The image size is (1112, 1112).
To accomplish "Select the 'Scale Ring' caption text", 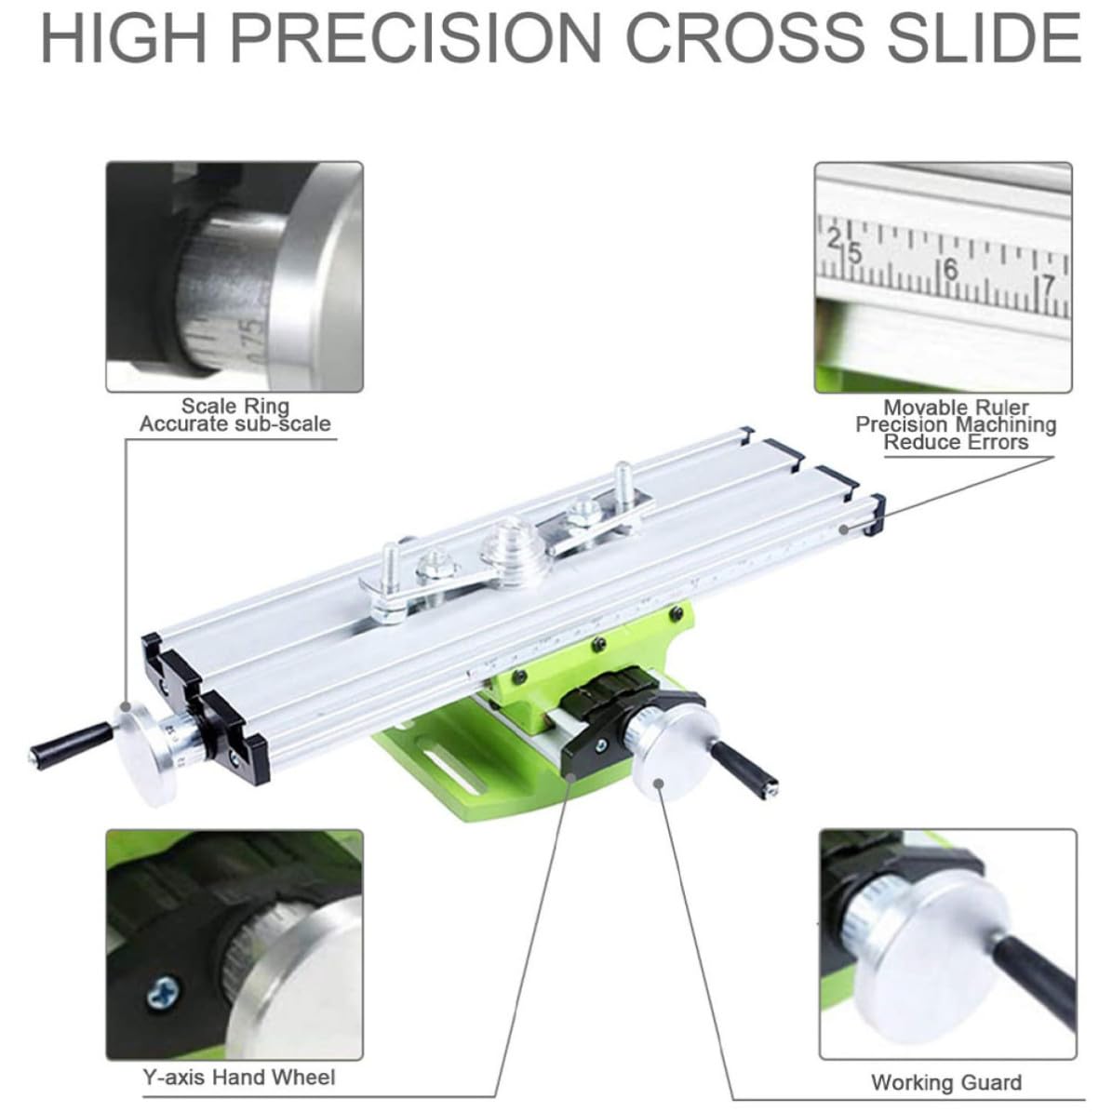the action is [235, 406].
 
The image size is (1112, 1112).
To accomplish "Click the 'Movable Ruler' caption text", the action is [956, 407].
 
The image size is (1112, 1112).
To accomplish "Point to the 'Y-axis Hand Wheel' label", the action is [239, 1078].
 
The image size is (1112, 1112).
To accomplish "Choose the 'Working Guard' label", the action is [946, 1082].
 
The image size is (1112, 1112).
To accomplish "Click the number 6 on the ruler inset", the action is [951, 269].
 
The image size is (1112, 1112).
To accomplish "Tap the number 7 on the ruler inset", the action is [1048, 285].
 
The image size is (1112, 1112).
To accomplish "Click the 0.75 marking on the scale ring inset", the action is [254, 338].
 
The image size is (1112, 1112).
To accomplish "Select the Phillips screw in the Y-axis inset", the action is [163, 993].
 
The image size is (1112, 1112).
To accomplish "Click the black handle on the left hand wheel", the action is [71, 745].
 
